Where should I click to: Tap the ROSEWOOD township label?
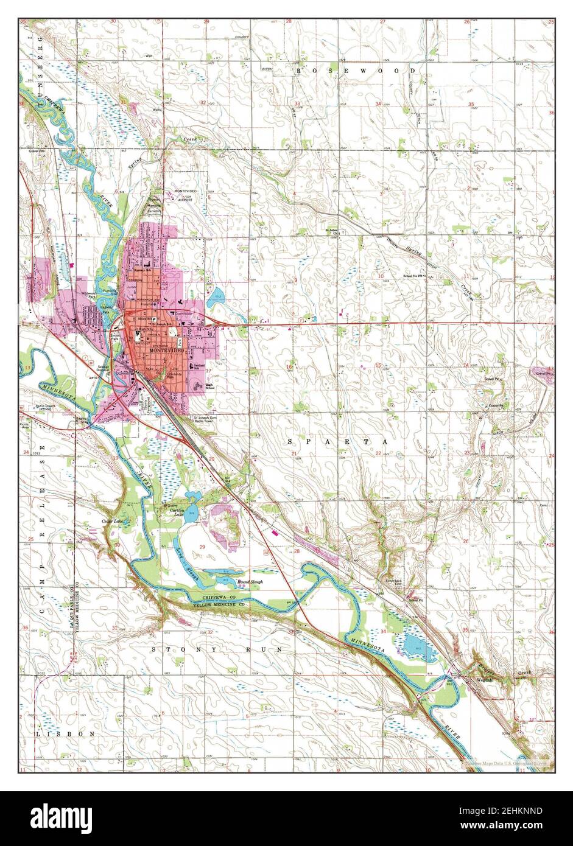click(356, 71)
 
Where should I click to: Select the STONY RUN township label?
click(217, 649)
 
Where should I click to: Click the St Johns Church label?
click(331, 232)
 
